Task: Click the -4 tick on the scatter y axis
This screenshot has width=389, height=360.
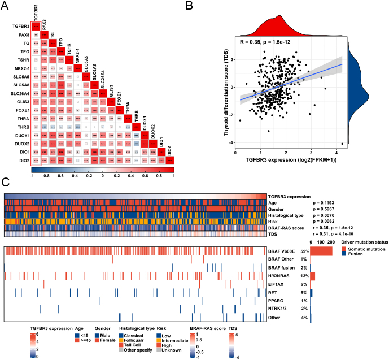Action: point(230,144)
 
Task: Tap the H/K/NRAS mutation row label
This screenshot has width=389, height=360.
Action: point(281,276)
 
